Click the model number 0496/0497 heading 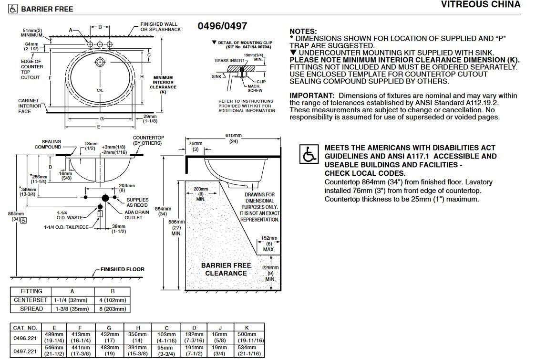click(222, 26)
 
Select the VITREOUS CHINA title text click(481, 5)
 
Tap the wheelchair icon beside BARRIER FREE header click(14, 9)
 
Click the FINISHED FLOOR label click(122, 269)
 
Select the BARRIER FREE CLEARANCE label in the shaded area click(226, 269)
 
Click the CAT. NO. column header click(25, 328)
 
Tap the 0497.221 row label click(25, 351)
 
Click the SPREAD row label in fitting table click(31, 309)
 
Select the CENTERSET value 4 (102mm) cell click(113, 300)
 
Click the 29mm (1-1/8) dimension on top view click(150, 119)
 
